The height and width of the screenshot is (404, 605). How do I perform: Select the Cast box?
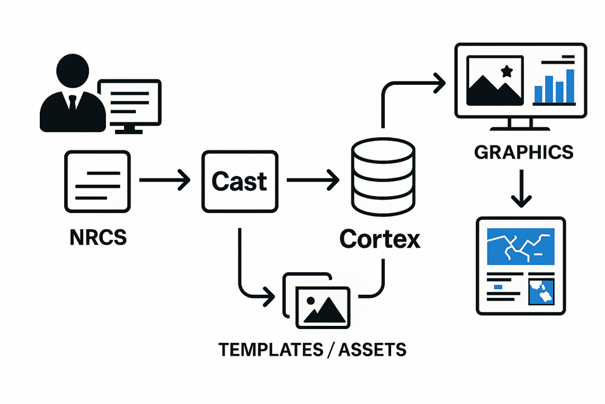240,182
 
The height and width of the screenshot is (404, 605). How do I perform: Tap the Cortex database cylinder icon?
383,177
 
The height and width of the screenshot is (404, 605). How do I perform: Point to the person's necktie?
73,102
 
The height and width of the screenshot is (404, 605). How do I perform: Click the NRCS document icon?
97,182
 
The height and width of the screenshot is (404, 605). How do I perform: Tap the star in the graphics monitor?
506,71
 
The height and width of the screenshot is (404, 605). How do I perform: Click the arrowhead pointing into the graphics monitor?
440,82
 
